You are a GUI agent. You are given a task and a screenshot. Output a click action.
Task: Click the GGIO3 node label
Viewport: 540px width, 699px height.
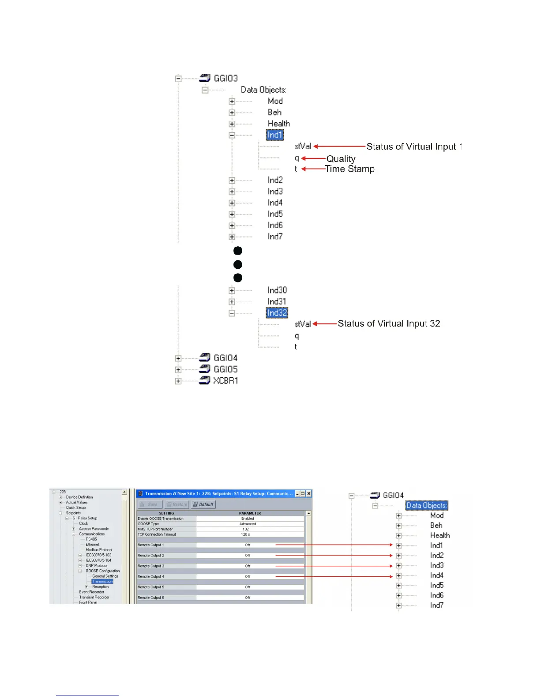(225, 78)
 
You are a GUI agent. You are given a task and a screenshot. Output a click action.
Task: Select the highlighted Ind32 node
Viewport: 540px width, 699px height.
(277, 313)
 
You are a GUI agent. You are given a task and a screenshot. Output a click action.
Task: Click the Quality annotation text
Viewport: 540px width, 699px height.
(341, 158)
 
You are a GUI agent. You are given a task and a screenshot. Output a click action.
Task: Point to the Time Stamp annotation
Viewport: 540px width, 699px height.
(350, 169)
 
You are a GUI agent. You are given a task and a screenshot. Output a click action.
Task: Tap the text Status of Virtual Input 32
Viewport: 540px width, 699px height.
(389, 323)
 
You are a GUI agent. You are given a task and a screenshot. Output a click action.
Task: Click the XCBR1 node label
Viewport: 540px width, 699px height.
(225, 380)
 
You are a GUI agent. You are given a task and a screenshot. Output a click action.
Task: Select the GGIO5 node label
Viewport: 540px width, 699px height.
(225, 369)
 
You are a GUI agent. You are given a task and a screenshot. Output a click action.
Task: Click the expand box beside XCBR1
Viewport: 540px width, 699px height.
(178, 381)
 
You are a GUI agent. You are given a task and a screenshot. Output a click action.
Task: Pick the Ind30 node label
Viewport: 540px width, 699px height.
(277, 290)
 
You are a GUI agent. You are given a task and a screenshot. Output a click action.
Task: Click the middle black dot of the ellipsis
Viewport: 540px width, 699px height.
(237, 264)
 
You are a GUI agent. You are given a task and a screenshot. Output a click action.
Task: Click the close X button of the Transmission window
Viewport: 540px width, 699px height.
(309, 493)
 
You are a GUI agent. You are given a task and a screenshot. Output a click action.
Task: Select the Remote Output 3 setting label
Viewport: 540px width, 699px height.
(151, 566)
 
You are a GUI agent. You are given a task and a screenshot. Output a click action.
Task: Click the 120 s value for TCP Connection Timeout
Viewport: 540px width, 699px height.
(246, 534)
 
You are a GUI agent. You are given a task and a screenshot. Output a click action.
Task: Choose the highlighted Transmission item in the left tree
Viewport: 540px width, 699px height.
(103, 582)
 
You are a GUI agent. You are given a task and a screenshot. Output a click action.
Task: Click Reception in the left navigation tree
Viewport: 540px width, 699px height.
(101, 587)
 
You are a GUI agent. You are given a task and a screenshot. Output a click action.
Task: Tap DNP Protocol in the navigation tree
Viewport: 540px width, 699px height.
(97, 566)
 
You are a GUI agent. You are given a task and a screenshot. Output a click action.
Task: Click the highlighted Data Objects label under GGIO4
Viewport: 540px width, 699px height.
(426, 505)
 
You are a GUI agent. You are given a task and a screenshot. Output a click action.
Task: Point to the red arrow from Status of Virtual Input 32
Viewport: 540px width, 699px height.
(325, 323)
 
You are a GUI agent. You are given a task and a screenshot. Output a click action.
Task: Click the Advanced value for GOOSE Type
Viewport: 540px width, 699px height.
(247, 524)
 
